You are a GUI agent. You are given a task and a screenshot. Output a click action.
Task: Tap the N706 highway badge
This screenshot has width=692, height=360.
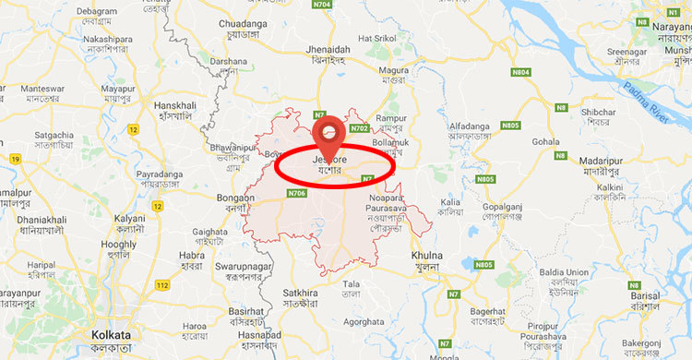click(296, 193)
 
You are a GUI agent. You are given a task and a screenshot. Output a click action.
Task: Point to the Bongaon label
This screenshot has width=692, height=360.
click(234, 198)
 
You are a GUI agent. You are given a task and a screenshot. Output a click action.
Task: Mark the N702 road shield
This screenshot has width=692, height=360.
click(360, 128)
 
